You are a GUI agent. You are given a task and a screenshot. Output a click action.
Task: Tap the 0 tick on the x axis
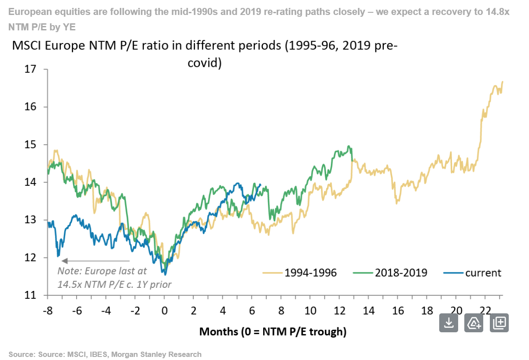(164, 311)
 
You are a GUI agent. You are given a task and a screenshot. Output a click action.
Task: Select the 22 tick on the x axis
(485, 311)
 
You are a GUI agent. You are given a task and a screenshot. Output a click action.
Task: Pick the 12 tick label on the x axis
(339, 311)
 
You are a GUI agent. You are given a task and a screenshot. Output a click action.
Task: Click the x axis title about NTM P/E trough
(273, 331)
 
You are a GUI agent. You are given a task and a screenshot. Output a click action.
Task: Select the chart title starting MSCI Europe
(205, 54)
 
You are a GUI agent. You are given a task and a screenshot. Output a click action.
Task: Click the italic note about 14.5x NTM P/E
(114, 278)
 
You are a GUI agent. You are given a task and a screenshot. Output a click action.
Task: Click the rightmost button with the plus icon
(499, 323)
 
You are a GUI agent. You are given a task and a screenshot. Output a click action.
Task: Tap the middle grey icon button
(474, 323)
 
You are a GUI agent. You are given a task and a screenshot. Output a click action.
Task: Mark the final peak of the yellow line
(502, 81)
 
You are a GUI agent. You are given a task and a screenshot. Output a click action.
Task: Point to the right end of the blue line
(261, 185)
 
